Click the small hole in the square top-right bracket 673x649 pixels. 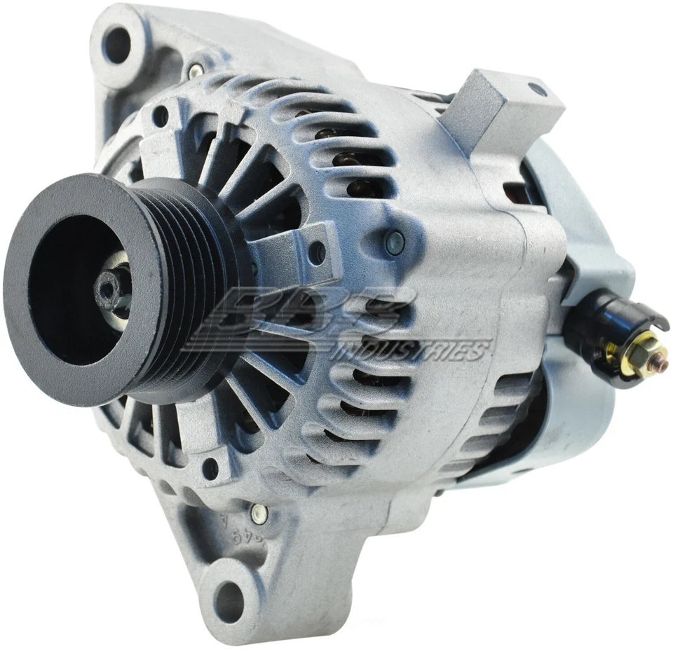tap(536, 90)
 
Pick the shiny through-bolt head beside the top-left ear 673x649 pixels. tap(196, 69)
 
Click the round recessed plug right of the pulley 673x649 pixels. tap(394, 242)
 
